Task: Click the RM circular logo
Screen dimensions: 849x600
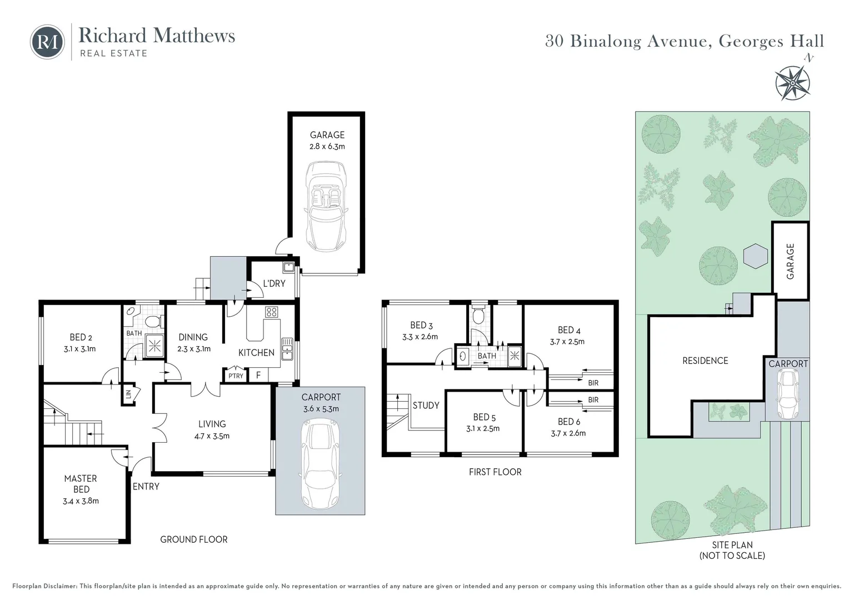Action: (x=47, y=42)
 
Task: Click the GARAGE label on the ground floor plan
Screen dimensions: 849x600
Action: (x=327, y=135)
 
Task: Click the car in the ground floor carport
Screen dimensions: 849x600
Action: (x=320, y=464)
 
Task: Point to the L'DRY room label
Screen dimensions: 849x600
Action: (x=274, y=283)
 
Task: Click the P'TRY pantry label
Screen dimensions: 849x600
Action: (x=236, y=376)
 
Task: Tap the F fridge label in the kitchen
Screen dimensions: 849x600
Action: (x=258, y=376)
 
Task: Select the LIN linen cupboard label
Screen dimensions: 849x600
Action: (x=128, y=394)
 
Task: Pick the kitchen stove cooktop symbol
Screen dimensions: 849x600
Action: (x=271, y=312)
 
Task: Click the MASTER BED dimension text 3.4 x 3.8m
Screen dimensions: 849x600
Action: (x=81, y=501)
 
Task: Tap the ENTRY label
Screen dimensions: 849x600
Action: (x=146, y=487)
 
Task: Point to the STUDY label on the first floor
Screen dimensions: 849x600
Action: (x=426, y=406)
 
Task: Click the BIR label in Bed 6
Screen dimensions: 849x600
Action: (x=593, y=400)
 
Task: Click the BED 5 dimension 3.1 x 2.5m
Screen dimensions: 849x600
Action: (x=483, y=428)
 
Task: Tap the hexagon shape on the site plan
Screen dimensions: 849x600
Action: (x=756, y=256)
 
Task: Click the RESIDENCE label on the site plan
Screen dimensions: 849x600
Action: (x=705, y=361)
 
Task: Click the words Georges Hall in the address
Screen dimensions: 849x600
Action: (x=771, y=41)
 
